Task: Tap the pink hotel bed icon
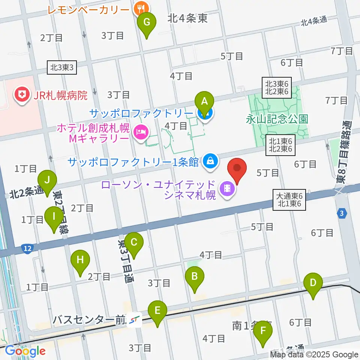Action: pos(141,132)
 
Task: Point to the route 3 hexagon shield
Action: pos(341,212)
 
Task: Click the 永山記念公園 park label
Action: pos(277,119)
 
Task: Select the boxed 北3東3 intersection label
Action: pos(62,67)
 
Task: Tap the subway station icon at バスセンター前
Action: pos(134,320)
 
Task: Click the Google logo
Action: pos(25,351)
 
